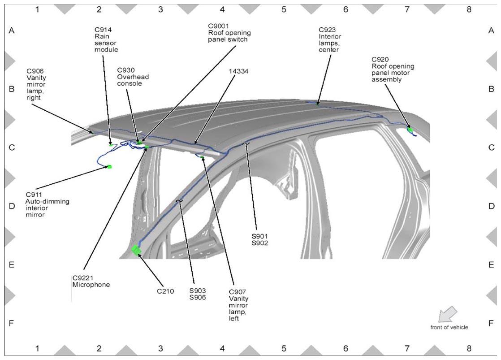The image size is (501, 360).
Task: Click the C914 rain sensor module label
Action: coord(106,39)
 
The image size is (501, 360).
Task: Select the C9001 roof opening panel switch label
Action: coord(229,33)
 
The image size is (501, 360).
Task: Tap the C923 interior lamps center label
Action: coord(330,39)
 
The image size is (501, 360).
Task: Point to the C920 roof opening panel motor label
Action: coord(393,69)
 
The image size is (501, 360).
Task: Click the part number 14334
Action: coord(238,71)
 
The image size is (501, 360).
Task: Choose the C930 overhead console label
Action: coord(133,77)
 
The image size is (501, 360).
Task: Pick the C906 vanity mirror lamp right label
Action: coord(36,84)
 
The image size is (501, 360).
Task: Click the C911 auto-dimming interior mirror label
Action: coord(48,204)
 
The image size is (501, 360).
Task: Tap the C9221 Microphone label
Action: coord(91,282)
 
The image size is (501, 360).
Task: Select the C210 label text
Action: coord(165,291)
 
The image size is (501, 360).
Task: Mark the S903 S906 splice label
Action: coord(198,294)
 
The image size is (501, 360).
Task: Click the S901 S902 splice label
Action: coord(260,240)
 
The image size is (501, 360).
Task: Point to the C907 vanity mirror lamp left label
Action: coord(238,305)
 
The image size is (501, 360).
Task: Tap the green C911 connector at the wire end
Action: coord(110,167)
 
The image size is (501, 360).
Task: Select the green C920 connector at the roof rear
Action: coord(410,130)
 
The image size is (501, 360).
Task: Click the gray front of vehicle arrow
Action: coord(447,314)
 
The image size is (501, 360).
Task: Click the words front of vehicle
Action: coord(449,327)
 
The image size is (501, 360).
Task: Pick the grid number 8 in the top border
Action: coord(469,9)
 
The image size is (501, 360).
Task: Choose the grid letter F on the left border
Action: coord(12,323)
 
